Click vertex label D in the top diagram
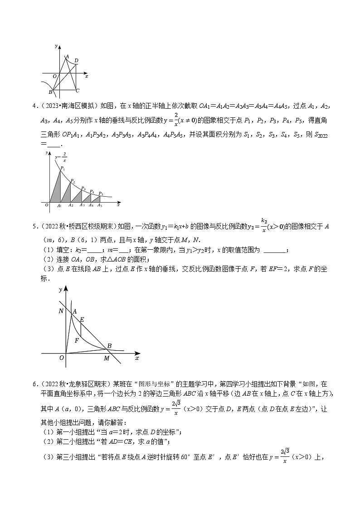76,60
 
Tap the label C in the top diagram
78,90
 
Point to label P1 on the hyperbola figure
63,168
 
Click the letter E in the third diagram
82,320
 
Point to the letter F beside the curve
77,340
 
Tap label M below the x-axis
107,359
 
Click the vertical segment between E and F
81,330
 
